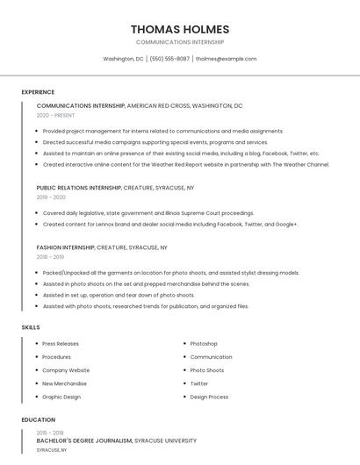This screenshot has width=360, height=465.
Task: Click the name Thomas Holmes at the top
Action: (x=179, y=29)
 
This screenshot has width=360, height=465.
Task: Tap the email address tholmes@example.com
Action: (x=226, y=59)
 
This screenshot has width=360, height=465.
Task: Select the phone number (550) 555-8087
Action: (x=169, y=59)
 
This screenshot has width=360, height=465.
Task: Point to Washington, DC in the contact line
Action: (x=123, y=59)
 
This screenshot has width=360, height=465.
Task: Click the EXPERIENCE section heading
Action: (x=38, y=92)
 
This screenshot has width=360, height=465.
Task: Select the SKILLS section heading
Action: (x=31, y=327)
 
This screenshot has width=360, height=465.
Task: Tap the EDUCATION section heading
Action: (x=38, y=419)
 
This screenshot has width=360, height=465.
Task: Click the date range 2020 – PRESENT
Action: (x=55, y=115)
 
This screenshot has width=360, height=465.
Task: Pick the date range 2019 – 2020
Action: (x=51, y=197)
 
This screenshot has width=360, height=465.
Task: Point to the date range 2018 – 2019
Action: (x=50, y=257)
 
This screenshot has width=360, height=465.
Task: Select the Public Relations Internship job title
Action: (x=79, y=188)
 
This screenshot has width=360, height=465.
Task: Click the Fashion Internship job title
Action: (x=66, y=247)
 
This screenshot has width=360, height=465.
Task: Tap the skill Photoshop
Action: (x=204, y=344)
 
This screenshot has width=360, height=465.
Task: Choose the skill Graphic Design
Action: (x=61, y=397)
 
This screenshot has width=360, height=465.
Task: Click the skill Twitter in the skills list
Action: (x=199, y=383)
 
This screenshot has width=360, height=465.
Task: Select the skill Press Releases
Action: (x=61, y=344)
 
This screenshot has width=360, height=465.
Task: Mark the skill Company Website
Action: (x=66, y=370)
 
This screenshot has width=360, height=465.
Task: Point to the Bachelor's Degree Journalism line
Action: (x=84, y=440)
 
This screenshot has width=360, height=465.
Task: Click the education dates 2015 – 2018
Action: (x=50, y=433)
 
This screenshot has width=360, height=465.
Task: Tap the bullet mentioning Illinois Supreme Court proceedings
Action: (x=148, y=213)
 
